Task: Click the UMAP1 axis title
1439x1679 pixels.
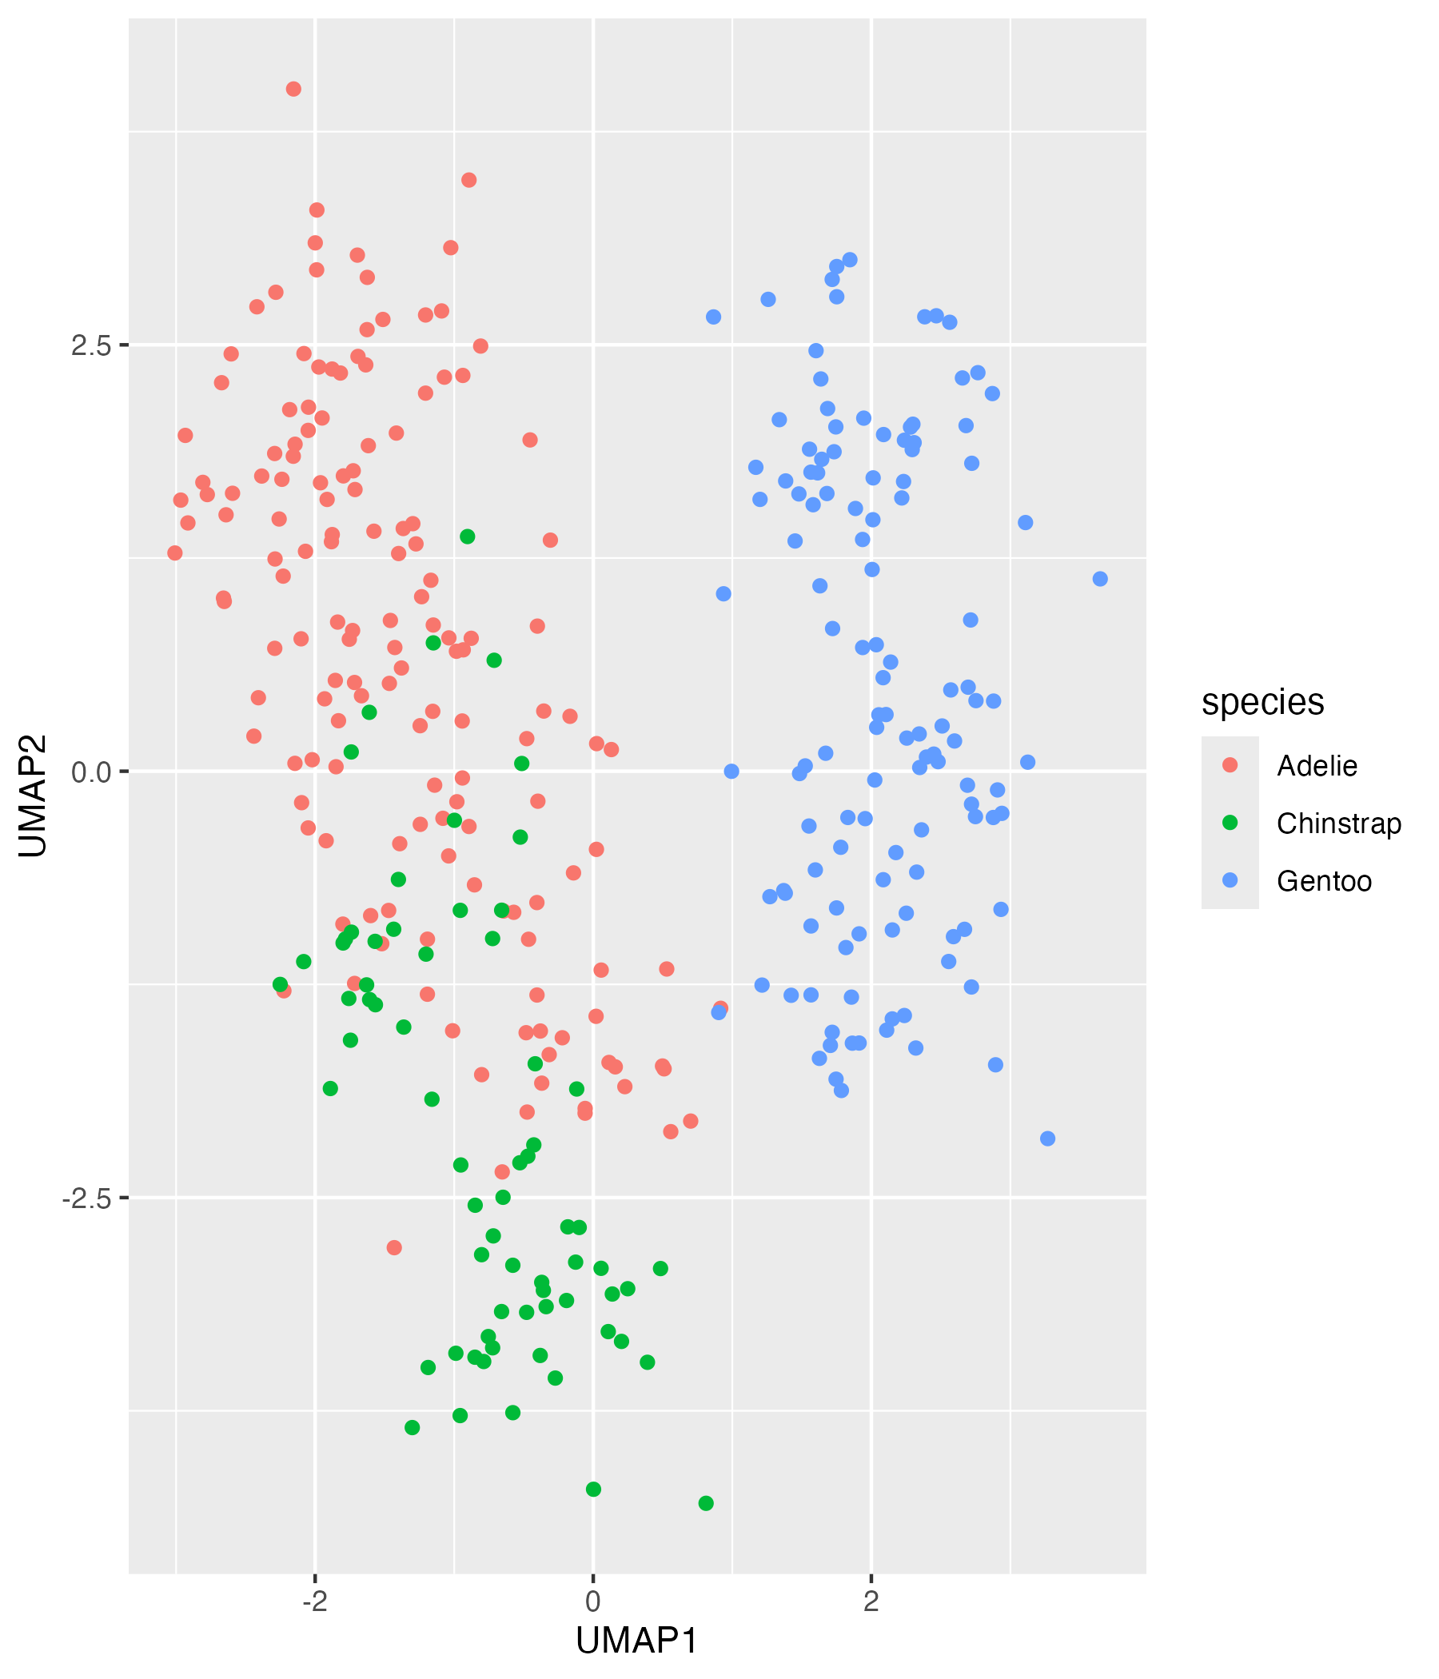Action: (x=637, y=1641)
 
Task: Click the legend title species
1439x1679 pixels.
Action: (x=1262, y=702)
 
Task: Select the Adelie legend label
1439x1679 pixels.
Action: (x=1317, y=766)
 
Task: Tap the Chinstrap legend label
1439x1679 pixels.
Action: (x=1338, y=824)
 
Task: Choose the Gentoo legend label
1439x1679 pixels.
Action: (x=1324, y=881)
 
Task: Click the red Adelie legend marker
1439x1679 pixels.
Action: (x=1230, y=766)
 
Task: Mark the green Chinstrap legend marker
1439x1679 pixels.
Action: (x=1230, y=824)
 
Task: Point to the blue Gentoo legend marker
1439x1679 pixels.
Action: (x=1230, y=881)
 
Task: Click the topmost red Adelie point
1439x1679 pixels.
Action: (x=294, y=89)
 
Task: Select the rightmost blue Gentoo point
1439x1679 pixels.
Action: (x=1100, y=580)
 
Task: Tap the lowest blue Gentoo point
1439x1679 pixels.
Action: (x=1047, y=1139)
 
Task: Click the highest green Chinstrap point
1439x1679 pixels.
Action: (x=468, y=537)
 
